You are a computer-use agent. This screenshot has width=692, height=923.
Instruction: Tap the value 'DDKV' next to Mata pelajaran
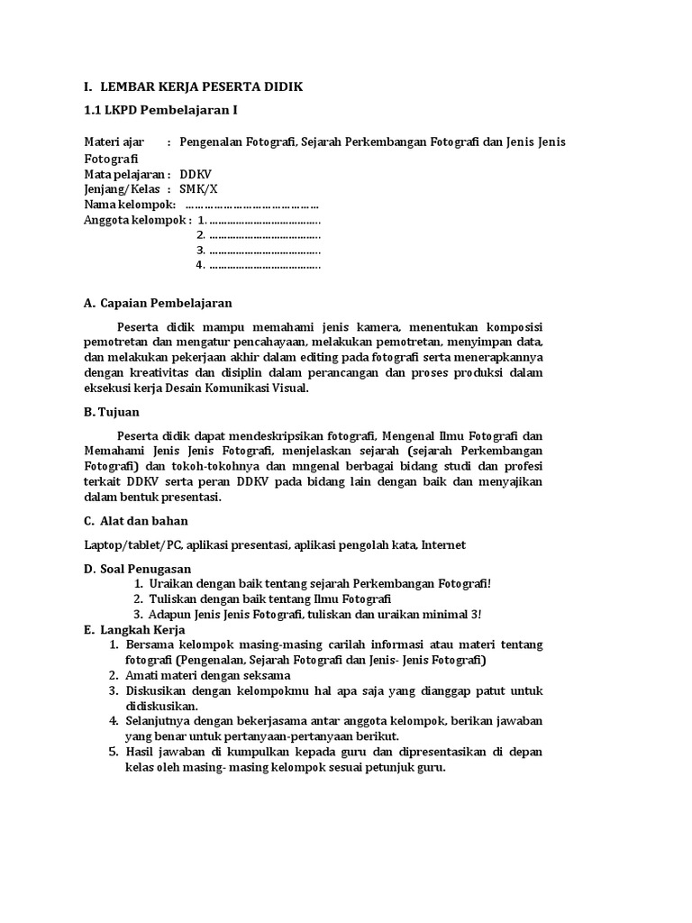click(x=196, y=173)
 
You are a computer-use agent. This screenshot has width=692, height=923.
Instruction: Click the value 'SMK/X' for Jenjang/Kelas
click(x=198, y=188)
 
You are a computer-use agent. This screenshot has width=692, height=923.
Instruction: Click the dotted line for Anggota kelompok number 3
click(x=265, y=250)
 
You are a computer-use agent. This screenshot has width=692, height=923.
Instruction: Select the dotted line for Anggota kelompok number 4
click(x=265, y=265)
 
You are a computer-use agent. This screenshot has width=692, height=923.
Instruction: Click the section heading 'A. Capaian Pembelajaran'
click(x=158, y=303)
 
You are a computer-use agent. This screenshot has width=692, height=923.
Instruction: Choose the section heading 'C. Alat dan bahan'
click(x=136, y=520)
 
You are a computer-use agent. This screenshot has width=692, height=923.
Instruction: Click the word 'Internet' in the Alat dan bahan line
click(x=443, y=544)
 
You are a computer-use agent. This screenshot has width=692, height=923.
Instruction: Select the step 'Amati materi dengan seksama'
click(x=207, y=675)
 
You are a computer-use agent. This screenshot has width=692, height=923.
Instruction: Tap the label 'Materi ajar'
click(x=114, y=142)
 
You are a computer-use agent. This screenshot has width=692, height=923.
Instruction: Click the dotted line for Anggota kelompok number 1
click(x=265, y=219)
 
